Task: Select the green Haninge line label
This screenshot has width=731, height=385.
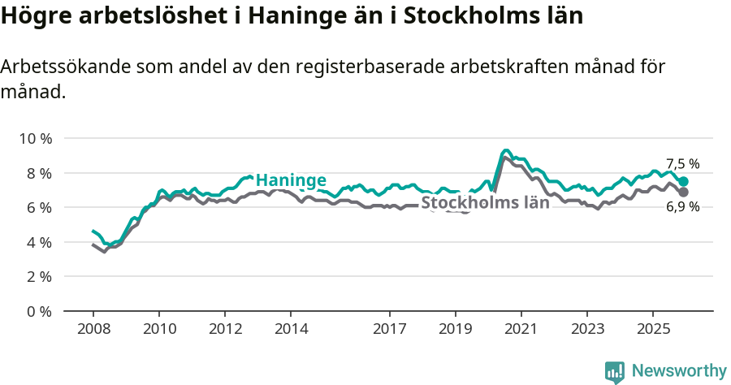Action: click(x=291, y=180)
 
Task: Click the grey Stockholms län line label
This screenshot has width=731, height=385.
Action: click(x=485, y=203)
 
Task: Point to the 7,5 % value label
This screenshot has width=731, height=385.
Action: click(x=682, y=164)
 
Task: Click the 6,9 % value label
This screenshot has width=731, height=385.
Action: click(x=682, y=207)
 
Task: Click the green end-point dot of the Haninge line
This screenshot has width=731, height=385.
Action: click(x=683, y=182)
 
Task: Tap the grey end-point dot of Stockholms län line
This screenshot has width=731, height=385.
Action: click(x=683, y=192)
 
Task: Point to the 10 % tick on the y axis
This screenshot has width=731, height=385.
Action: click(x=35, y=138)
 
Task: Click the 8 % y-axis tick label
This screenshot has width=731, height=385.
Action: click(x=38, y=173)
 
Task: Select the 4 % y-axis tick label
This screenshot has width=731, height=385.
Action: click(x=38, y=242)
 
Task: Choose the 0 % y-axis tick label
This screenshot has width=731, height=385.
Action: click(x=38, y=311)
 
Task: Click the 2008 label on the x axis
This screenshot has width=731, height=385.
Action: click(x=93, y=329)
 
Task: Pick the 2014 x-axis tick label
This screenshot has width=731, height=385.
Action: click(x=291, y=329)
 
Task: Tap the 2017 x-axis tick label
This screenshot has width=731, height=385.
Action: click(x=390, y=329)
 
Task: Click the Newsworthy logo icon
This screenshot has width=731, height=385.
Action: click(x=615, y=372)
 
